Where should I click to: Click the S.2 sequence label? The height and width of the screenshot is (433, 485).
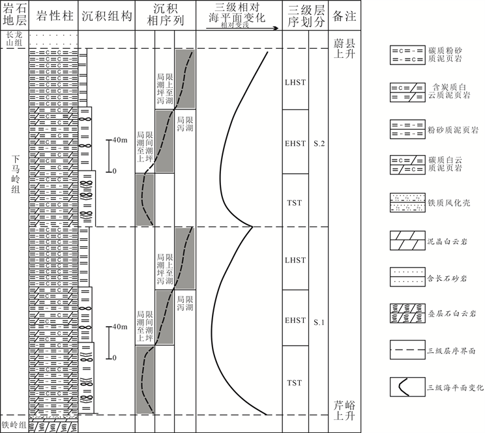318,141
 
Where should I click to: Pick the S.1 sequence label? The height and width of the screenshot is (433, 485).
318,322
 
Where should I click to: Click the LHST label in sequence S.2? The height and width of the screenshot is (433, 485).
295,83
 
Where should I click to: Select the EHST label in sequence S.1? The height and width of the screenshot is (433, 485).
295,320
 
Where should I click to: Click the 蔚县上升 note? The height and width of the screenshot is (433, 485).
342,48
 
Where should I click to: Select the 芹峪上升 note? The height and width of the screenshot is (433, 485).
343,409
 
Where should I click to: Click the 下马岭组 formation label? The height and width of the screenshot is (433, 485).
14,176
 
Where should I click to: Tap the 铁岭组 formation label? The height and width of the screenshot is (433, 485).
14,426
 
